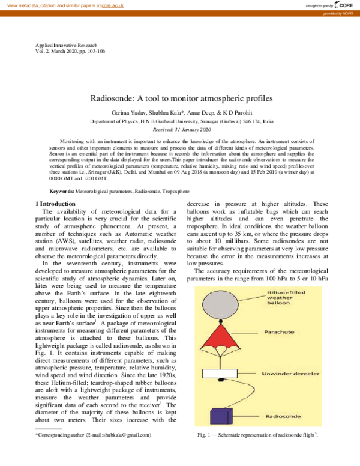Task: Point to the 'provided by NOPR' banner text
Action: (343, 12)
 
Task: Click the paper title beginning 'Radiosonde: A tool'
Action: (181, 97)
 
